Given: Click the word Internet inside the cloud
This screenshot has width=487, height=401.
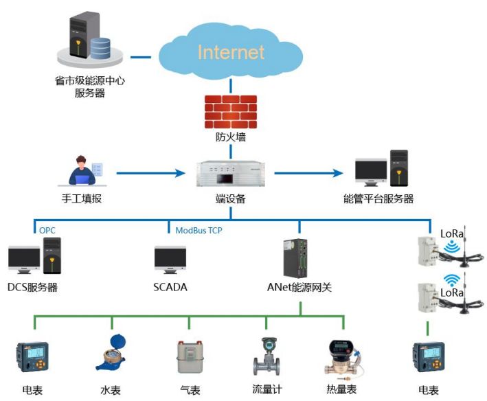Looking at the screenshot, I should click(231, 52).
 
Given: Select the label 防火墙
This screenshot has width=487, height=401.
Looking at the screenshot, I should click(230, 137).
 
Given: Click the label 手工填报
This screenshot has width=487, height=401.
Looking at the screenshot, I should click(81, 198).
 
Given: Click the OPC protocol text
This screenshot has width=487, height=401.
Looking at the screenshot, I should click(47, 230).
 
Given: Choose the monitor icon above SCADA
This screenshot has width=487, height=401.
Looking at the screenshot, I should click(170, 260).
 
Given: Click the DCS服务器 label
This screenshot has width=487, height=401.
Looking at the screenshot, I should click(32, 287).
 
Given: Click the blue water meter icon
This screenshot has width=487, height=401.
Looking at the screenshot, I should click(111, 354).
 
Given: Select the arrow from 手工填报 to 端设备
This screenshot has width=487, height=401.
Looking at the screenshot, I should click(151, 173).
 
